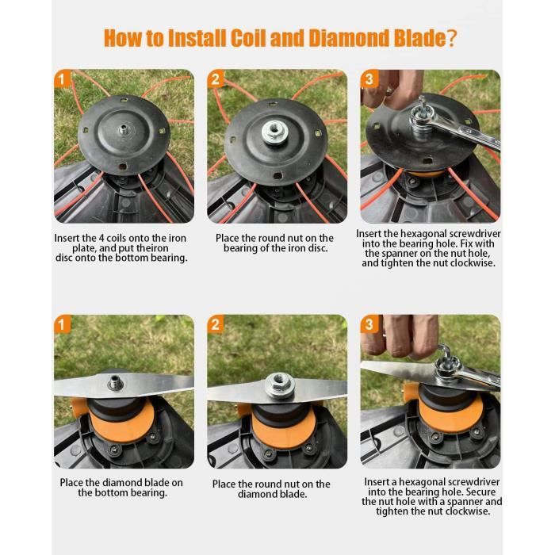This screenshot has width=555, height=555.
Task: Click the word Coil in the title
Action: [x=248, y=37]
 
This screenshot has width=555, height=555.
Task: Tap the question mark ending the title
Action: [x=451, y=38]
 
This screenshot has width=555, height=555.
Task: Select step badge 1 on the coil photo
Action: [x=63, y=78]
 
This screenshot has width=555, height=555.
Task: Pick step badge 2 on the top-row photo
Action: [x=215, y=78]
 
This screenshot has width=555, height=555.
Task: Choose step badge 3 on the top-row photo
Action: [x=369, y=78]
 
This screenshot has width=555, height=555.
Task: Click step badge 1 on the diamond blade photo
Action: [x=63, y=323]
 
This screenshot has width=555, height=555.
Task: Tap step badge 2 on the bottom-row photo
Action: [x=215, y=323]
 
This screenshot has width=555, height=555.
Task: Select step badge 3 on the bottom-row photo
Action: [x=369, y=323]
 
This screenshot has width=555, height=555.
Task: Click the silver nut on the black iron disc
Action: [x=274, y=132]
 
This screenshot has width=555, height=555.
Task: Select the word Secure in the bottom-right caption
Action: [x=481, y=492]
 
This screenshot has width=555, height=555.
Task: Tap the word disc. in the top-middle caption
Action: [x=317, y=248]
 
